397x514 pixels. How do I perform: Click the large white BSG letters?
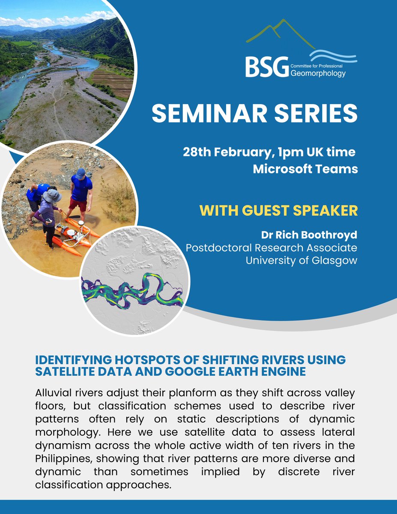(265, 67)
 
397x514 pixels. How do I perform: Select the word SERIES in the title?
(317, 113)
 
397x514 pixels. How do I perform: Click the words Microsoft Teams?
(305, 169)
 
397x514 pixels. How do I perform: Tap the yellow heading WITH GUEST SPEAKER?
(278, 211)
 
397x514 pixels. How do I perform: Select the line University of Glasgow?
(301, 260)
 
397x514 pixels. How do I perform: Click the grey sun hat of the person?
(52, 195)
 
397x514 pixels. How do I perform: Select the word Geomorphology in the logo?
(318, 73)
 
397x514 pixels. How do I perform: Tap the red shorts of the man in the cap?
(78, 205)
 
